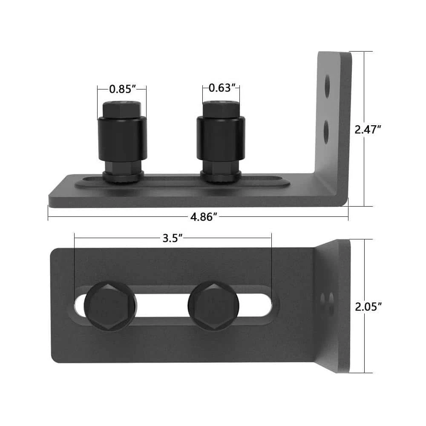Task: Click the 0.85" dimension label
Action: click(122, 89)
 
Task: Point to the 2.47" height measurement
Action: click(367, 130)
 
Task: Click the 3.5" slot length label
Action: click(173, 238)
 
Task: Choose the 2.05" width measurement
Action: click(367, 305)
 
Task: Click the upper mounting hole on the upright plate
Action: click(327, 87)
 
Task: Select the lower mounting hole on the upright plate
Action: click(327, 131)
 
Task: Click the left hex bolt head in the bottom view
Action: click(110, 305)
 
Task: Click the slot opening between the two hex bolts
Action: click(162, 305)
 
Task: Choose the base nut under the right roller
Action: click(221, 176)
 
